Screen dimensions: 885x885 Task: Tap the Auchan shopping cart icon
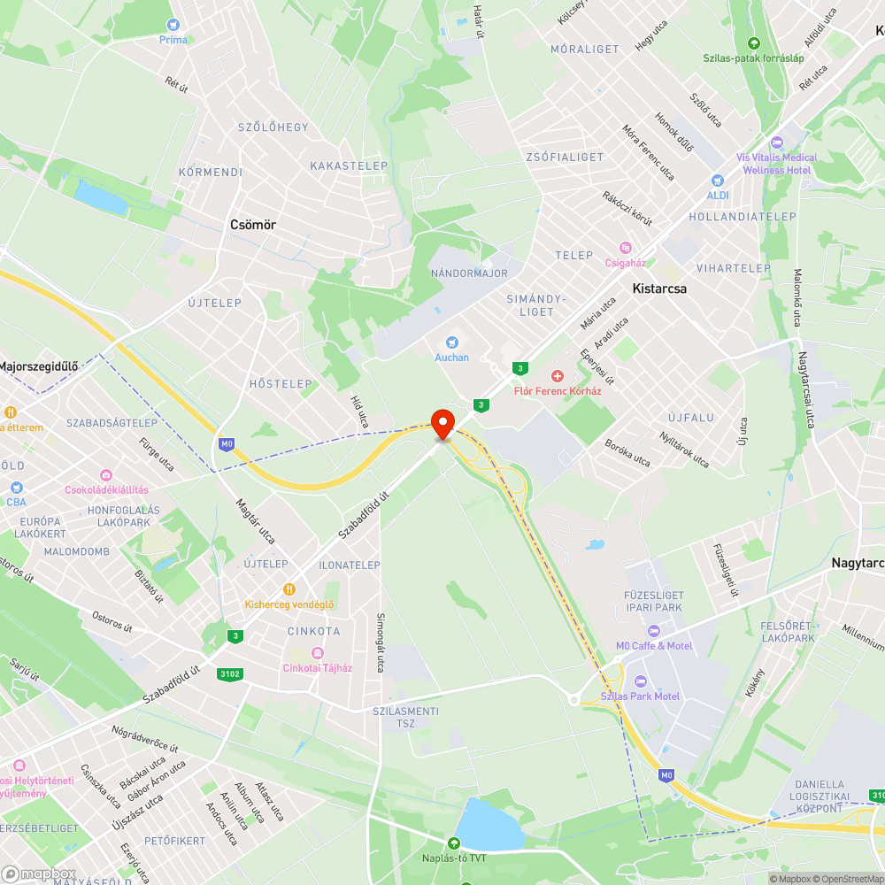click(x=451, y=342)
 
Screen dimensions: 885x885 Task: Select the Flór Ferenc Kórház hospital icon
click(x=558, y=376)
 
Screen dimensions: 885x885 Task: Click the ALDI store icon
click(x=716, y=180)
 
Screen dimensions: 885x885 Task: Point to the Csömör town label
click(x=252, y=225)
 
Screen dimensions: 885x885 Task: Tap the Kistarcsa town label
click(x=659, y=289)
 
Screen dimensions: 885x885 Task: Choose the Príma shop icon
click(x=173, y=25)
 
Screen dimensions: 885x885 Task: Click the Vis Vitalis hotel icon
click(x=777, y=142)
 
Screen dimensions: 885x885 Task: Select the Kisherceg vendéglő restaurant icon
click(x=289, y=589)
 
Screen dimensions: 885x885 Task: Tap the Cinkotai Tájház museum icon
click(x=317, y=653)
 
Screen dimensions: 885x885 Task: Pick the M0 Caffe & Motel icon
click(x=654, y=631)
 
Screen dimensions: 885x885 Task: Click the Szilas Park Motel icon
click(x=641, y=681)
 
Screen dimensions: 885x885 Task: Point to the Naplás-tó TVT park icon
click(x=454, y=843)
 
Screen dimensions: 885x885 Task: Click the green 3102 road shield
click(x=229, y=674)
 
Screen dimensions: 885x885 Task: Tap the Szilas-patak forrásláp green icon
click(x=753, y=42)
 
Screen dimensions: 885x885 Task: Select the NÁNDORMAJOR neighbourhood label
click(x=469, y=273)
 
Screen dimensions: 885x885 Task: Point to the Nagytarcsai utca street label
click(x=804, y=389)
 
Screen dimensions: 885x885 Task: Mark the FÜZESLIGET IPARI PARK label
click(x=652, y=602)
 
